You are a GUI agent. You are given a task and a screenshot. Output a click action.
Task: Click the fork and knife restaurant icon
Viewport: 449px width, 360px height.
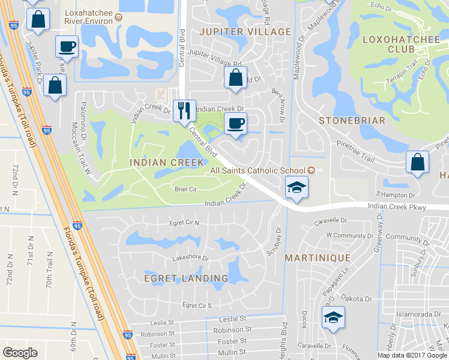[184, 110]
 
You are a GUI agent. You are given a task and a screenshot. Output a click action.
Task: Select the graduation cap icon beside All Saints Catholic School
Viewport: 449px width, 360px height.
[296, 187]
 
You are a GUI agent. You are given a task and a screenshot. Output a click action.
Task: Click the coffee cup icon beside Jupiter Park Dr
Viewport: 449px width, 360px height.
[67, 46]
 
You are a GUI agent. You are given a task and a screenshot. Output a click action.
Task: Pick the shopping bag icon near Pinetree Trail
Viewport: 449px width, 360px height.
[417, 162]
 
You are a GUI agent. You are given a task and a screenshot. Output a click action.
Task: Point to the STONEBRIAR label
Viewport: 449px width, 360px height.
[352, 120]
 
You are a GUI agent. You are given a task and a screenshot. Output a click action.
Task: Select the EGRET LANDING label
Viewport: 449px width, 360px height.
[186, 278]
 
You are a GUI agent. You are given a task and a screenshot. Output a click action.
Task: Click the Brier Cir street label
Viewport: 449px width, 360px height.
[185, 189]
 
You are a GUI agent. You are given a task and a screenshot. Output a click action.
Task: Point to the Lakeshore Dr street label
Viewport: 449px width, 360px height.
[190, 259]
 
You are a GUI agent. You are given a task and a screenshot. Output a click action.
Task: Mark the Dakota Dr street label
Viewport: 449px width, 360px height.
[352, 298]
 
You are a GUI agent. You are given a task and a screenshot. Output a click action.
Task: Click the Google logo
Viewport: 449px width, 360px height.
[20, 352]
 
